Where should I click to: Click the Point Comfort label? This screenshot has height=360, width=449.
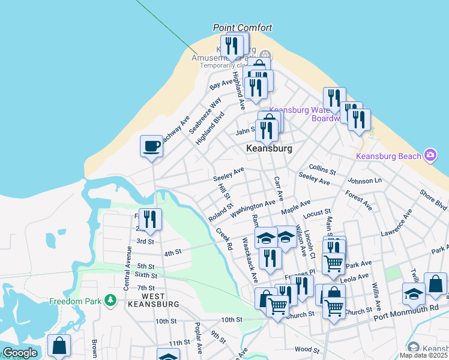pos(243,28)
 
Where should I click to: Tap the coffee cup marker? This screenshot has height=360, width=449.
pos(151,146)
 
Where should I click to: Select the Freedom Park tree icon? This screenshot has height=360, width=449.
pos(110,299)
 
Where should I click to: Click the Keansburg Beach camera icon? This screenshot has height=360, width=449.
pos(430,155)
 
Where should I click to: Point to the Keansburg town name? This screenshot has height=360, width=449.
pos(270,148)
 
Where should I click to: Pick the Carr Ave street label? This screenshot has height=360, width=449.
pos(278,188)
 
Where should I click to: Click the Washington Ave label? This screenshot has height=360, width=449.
pos(253,208)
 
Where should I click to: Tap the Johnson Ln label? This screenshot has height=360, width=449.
pos(364,180)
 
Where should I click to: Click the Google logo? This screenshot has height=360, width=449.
pos(20,353)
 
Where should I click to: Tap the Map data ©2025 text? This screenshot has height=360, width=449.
pos(424,355)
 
